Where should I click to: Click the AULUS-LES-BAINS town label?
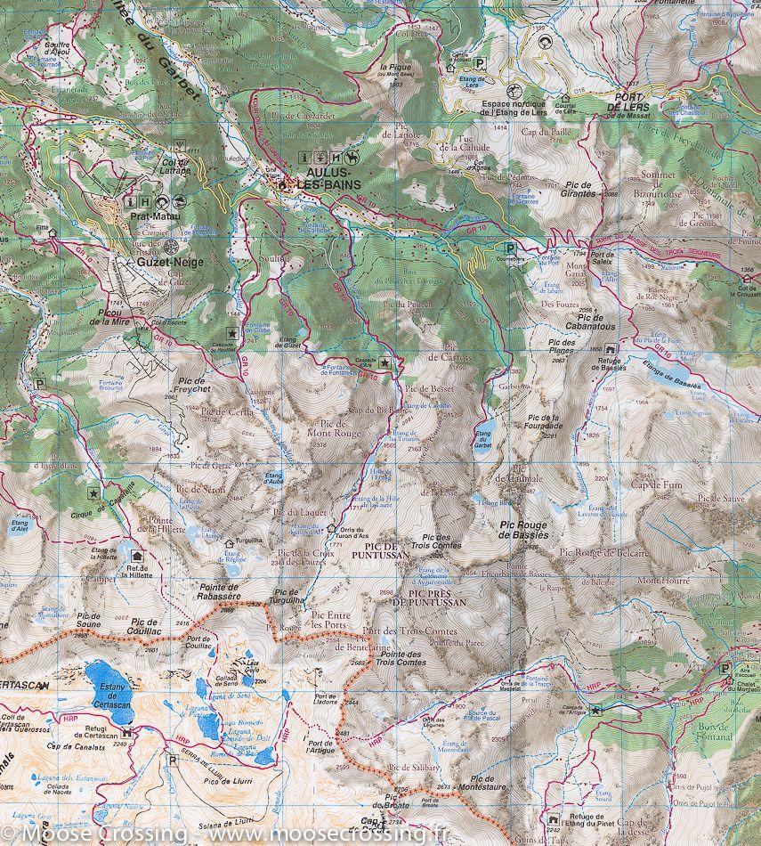point(328,178)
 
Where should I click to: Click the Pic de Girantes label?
point(579,189)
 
